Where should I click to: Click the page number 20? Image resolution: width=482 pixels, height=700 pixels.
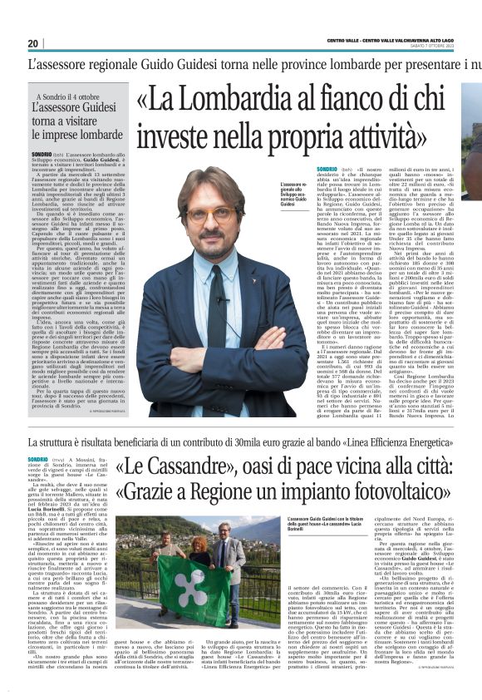point(33,43)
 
